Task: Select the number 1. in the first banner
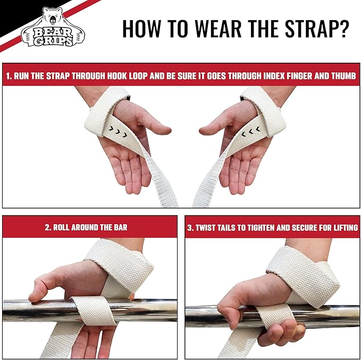coord(9,76)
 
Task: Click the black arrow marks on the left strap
coord(114,129)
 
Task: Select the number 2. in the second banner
coord(48,227)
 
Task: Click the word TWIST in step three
coord(207,227)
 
